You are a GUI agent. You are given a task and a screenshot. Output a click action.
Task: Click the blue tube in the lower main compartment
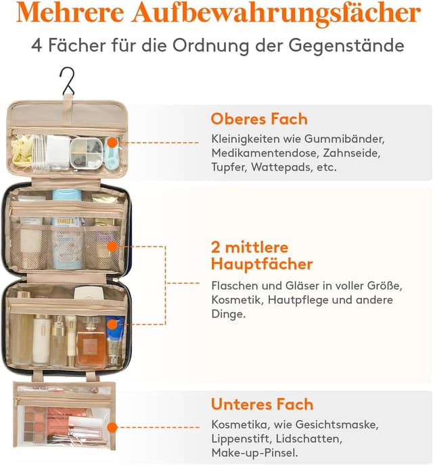[114, 338]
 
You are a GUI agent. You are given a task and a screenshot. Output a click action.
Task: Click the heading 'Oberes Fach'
[259, 119]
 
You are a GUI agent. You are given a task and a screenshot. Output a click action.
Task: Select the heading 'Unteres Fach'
[262, 405]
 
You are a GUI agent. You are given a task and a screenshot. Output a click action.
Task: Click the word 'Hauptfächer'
[261, 263]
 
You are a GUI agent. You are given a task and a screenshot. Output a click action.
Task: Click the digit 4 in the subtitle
[37, 46]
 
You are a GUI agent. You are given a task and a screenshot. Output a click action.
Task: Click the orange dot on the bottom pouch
[113, 427]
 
